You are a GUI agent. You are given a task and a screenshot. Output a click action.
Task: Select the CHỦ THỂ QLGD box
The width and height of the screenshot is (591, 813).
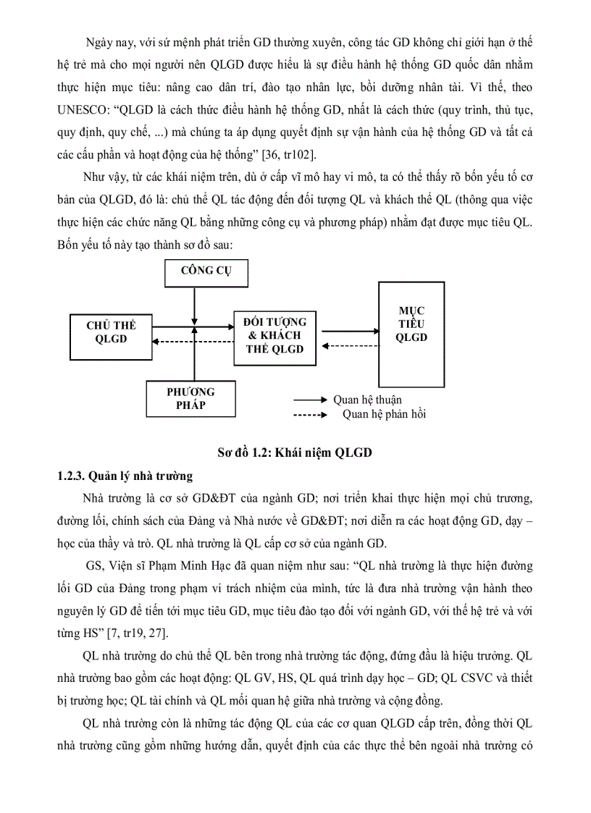coord(111,332)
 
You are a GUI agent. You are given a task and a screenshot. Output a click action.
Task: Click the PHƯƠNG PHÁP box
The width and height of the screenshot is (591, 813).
coord(190,398)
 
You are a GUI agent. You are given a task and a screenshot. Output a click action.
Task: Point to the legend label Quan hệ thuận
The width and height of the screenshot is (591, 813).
coord(367,400)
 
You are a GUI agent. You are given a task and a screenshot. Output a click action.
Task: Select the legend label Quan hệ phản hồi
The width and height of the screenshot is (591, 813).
coord(384,414)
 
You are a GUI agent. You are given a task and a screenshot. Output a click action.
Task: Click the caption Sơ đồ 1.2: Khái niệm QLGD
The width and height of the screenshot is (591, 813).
coord(295,453)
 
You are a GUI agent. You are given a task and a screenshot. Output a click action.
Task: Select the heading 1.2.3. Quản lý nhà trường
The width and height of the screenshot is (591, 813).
coord(125,476)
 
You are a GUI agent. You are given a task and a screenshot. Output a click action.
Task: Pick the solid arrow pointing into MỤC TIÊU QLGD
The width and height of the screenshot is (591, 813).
coord(349,331)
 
